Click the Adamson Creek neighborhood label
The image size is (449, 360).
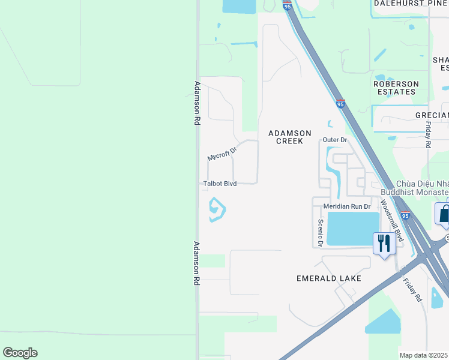coord(289,137)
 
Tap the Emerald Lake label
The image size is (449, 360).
coord(328,278)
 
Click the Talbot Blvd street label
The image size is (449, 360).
coord(219,184)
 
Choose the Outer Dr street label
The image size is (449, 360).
coord(335,140)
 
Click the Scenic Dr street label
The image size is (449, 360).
coord(321,233)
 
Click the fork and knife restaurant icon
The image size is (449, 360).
coord(384,243)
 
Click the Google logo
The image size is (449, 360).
coord(20,353)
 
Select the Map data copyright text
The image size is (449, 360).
coord(424,355)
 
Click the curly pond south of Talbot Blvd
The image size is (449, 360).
coord(216,210)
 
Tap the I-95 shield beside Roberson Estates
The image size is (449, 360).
coord(340,104)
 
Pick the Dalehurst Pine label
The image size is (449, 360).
coord(411,3)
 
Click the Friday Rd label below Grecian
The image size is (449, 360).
coord(428,134)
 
